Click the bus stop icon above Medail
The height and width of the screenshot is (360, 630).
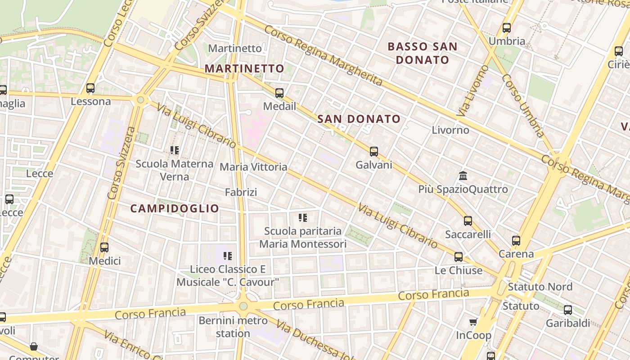279,93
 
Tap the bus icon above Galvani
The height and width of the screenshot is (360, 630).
374,152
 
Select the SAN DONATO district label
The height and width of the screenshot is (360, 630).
359,119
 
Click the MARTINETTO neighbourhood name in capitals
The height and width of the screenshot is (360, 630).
244,69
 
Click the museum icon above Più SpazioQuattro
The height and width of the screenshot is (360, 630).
463,175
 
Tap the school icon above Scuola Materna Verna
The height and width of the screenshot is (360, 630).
175,150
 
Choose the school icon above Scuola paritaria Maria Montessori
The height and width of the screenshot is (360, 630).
303,218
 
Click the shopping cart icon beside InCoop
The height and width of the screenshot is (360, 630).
473,322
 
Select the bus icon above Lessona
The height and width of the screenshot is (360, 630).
90,88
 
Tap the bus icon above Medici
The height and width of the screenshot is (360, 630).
104,247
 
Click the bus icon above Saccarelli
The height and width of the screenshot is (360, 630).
468,221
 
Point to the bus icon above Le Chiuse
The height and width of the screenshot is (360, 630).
459,257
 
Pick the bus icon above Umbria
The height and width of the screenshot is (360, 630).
507,28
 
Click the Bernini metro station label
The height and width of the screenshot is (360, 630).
233,327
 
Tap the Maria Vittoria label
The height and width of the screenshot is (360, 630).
253,167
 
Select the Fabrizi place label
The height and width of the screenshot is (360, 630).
241,193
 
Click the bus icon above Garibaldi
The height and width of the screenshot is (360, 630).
568,310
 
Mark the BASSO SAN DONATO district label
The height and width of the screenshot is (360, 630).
422,53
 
